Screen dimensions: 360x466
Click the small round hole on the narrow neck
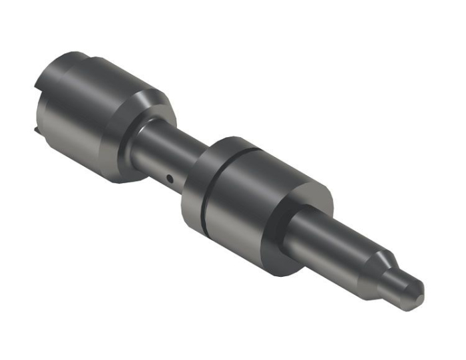pyautogui.click(x=170, y=178)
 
